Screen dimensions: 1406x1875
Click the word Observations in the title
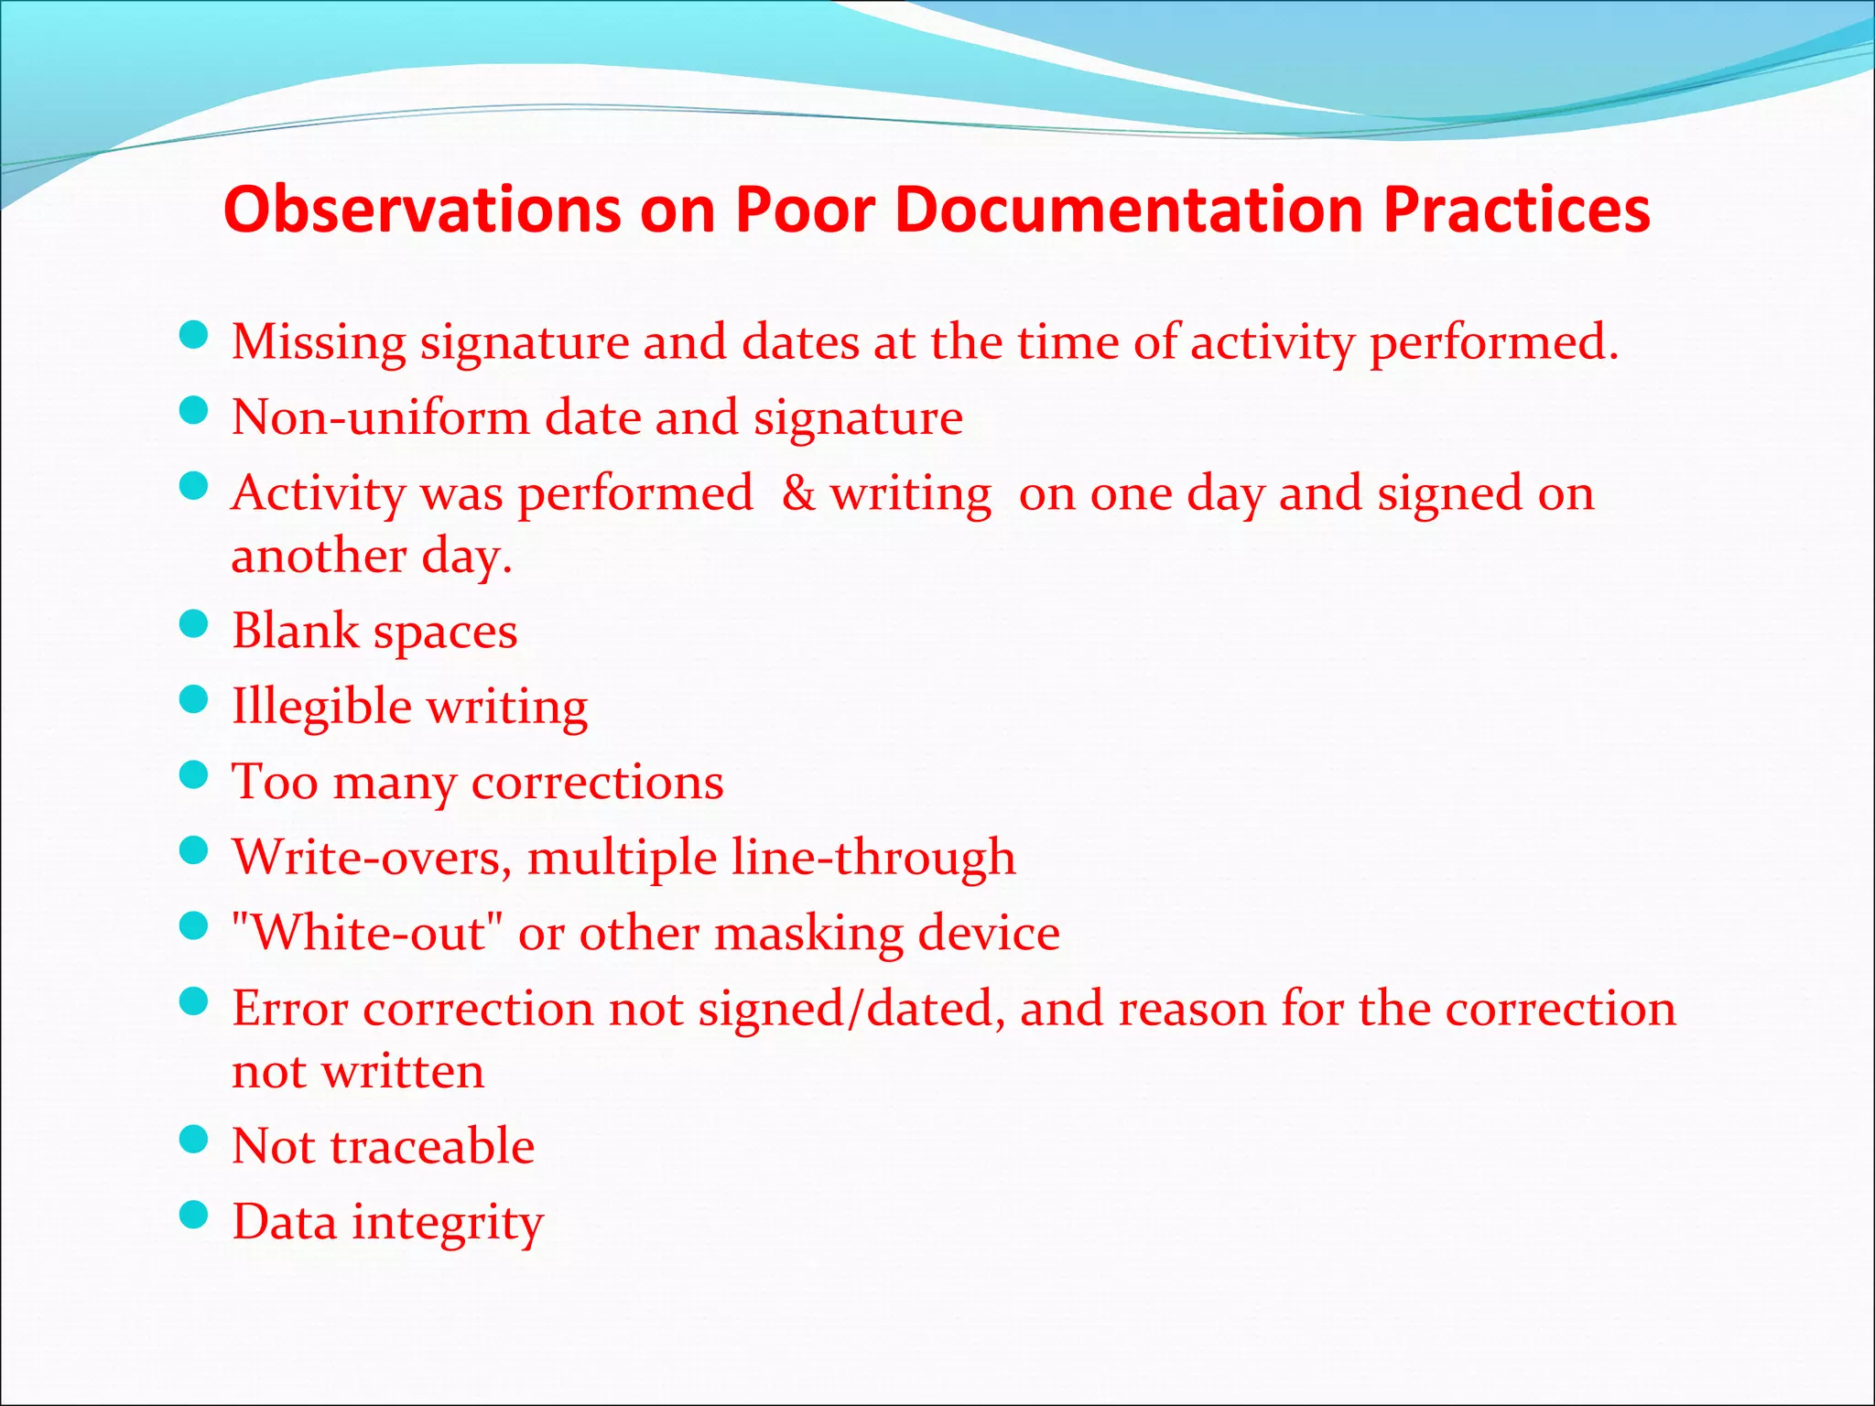(422, 210)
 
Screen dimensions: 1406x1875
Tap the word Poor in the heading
(806, 210)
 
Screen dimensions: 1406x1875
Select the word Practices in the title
(1516, 210)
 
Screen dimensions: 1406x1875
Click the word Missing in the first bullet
(319, 342)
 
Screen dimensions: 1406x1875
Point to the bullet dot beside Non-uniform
(194, 411)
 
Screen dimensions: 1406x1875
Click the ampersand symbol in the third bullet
(798, 493)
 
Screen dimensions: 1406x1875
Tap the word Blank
(295, 631)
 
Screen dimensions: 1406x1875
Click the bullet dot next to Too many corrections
(194, 775)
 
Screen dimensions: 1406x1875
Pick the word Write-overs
(372, 858)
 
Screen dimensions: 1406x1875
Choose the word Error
(289, 1009)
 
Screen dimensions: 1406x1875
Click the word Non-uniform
(381, 418)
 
